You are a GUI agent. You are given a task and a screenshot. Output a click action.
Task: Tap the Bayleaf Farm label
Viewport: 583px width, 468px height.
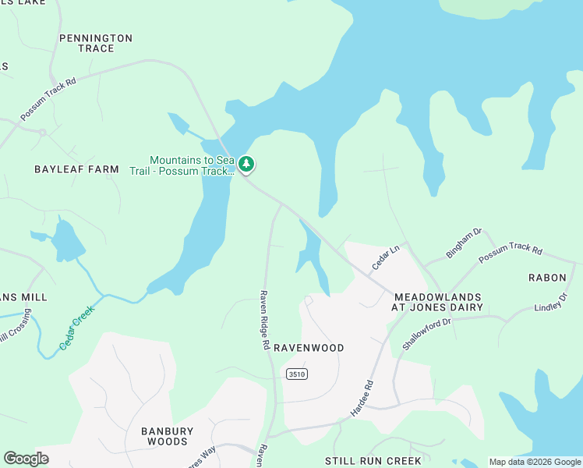pos(76,168)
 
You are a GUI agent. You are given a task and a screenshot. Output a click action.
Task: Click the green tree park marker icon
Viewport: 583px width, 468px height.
pos(246,164)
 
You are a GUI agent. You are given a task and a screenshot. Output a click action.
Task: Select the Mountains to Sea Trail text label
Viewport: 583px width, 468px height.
pos(192,165)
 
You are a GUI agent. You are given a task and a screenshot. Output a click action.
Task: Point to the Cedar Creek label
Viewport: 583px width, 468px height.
pos(77,327)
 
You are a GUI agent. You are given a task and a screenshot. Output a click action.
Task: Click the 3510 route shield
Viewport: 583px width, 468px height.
pos(296,374)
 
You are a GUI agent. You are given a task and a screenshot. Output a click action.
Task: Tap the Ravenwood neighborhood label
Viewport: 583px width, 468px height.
pos(308,348)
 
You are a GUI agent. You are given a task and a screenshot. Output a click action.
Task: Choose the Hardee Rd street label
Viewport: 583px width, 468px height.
pos(362,398)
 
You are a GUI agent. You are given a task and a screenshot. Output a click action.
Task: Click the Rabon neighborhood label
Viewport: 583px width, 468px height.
pos(547,277)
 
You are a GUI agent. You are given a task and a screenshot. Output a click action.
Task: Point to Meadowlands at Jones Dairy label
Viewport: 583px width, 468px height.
pos(437,303)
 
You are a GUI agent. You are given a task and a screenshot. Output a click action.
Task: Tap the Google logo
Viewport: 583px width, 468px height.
pos(26,459)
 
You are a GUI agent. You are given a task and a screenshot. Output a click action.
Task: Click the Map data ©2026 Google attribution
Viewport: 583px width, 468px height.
pos(535,462)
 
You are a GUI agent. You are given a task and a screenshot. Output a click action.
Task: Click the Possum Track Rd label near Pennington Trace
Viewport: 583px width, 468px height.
pos(48,98)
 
